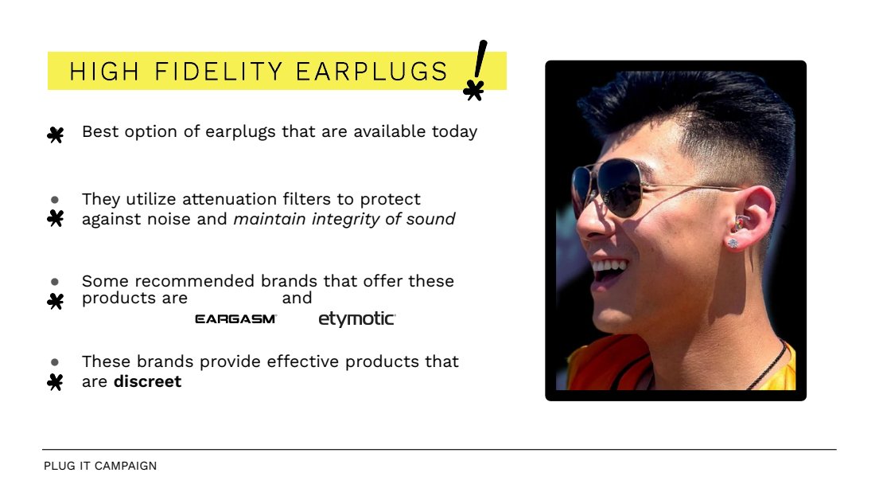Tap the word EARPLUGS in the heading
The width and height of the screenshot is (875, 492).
[371, 72]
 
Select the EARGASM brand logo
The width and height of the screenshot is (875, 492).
[235, 319]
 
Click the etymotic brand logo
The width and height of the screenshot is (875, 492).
[356, 319]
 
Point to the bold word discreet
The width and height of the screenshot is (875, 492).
[147, 381]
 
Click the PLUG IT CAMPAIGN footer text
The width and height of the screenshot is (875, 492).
[100, 466]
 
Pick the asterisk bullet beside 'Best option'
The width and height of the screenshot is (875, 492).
[55, 135]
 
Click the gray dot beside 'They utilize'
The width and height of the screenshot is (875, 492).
[55, 199]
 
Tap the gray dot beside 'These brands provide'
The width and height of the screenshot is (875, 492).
[55, 362]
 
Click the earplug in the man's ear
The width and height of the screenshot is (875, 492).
[740, 223]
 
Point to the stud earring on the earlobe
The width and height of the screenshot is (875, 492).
[733, 243]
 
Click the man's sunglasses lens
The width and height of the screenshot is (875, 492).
[620, 188]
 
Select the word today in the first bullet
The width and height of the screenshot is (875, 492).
[454, 132]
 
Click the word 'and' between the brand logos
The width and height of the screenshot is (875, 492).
[297, 299]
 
